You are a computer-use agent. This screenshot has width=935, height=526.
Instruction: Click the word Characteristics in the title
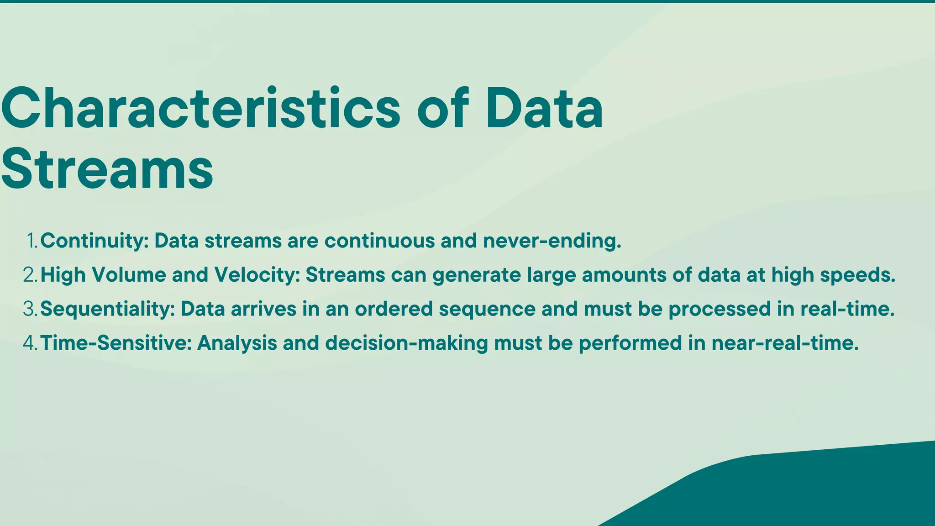point(201,109)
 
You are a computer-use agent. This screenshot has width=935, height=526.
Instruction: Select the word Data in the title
point(544,109)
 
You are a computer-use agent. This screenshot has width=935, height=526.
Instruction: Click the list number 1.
point(32,241)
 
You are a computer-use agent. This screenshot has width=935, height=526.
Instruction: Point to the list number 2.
point(30,275)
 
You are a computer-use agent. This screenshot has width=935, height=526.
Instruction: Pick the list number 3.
point(30,309)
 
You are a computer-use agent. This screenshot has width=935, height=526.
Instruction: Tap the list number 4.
point(30,343)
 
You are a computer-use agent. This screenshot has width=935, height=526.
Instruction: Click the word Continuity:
point(95,241)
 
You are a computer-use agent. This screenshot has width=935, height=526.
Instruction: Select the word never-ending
point(552,241)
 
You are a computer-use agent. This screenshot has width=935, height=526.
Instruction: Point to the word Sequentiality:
point(108,309)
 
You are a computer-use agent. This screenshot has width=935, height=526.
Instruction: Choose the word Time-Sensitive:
point(116,343)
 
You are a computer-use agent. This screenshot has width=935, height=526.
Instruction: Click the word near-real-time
point(785,343)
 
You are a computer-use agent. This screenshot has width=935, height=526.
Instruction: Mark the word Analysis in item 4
point(237,343)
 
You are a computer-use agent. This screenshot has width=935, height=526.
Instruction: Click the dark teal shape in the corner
point(822,489)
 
